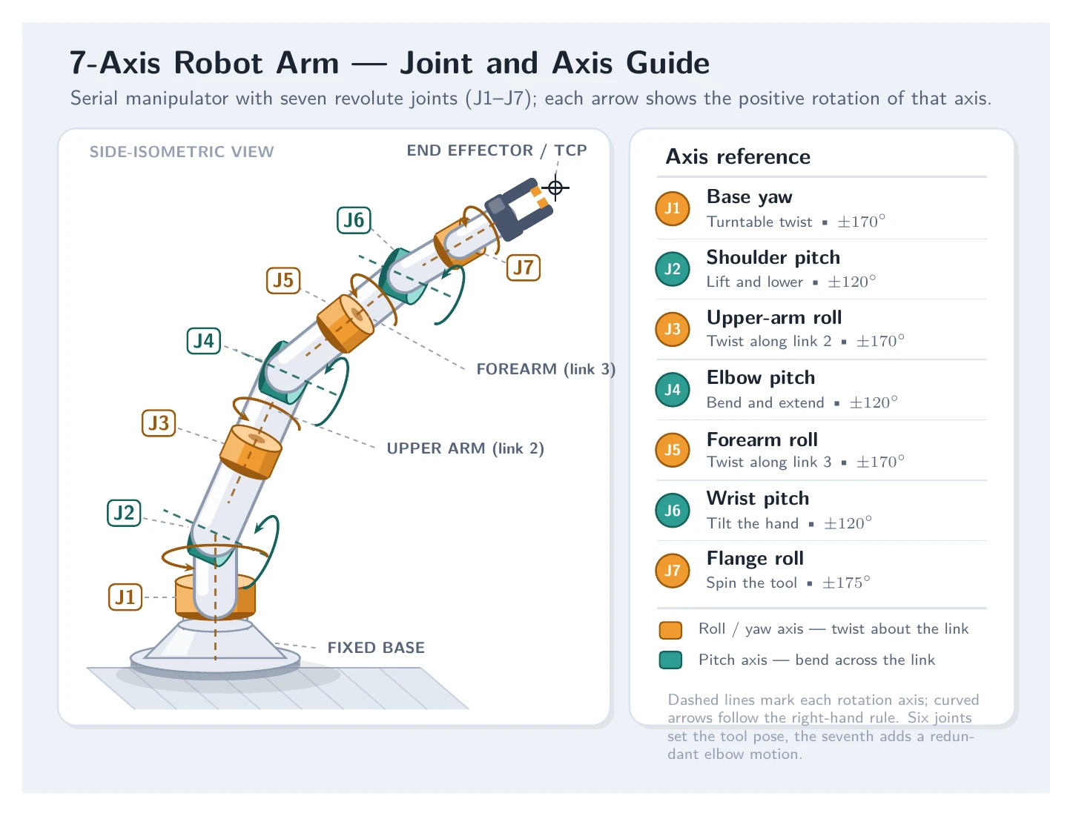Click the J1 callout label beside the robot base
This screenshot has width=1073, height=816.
coord(125,597)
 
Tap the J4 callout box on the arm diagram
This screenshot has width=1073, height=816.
coord(204,341)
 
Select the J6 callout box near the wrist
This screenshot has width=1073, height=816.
coord(354,220)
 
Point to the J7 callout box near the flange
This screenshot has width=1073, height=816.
coord(523,268)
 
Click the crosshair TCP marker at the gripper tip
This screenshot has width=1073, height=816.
coord(555,188)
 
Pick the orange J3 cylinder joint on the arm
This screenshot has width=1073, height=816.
coord(251,452)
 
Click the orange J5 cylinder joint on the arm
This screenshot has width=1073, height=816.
coord(346,323)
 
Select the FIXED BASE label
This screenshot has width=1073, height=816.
coord(376,648)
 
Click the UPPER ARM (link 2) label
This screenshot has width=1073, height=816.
coord(466,448)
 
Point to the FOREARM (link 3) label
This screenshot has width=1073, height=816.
coord(546,369)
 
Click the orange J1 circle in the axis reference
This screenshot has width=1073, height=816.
coord(673,209)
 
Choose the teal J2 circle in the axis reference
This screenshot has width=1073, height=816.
coord(673,269)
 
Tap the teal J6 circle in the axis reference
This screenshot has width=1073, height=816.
coord(673,511)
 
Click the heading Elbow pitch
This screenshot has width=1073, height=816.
coord(761,378)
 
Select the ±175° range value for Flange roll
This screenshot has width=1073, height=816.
coord(846,583)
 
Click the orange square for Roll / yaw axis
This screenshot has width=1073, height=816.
coord(670,630)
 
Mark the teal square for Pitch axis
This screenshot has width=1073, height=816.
coord(670,660)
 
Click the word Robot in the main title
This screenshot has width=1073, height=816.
coord(218,63)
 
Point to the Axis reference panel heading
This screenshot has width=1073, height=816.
coord(738,157)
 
